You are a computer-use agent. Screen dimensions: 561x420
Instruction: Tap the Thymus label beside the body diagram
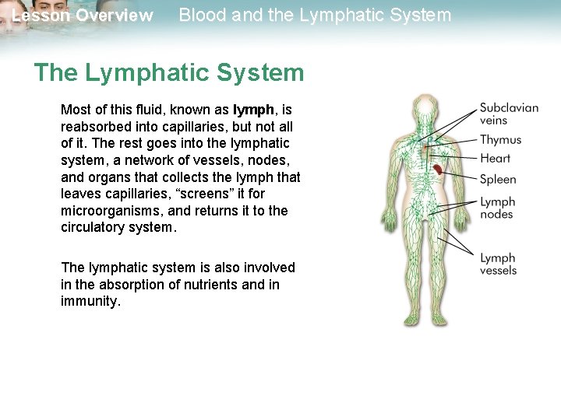[x=500, y=140]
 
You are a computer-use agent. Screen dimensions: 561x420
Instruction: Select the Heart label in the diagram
[x=496, y=159]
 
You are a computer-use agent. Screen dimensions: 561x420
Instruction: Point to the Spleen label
[x=498, y=180]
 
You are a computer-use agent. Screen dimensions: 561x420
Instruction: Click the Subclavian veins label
[x=509, y=114]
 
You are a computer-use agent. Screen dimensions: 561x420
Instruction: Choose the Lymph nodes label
[x=497, y=208]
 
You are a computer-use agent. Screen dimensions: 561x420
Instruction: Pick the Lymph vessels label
[x=499, y=264]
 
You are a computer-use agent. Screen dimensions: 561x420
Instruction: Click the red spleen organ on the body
[x=438, y=168]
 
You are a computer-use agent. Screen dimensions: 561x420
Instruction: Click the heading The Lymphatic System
[x=168, y=73]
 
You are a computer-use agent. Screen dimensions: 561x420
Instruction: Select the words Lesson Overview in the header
[x=83, y=16]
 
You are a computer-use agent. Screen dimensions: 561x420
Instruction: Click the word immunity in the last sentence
[x=90, y=301]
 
